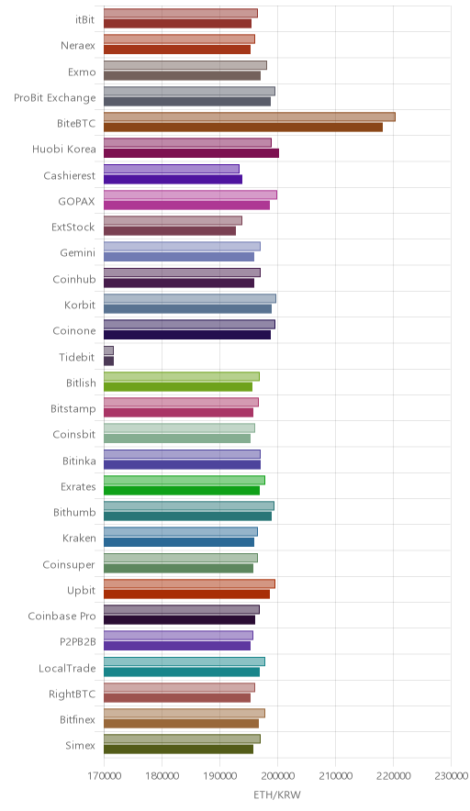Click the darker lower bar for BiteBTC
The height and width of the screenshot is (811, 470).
243,128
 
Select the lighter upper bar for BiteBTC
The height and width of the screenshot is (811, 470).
250,117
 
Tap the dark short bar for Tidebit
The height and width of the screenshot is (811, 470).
108,361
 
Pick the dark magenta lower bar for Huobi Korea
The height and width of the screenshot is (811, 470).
192,153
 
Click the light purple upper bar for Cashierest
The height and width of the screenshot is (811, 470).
172,169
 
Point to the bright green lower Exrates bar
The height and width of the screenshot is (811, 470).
182,490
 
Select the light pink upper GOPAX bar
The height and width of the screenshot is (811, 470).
191,194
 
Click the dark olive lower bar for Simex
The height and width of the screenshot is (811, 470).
179,750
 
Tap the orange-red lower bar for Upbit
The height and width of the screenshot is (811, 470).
187,594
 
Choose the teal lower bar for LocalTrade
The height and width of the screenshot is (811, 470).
182,672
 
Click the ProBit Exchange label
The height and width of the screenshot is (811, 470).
55,98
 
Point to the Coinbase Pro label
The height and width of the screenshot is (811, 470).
62,616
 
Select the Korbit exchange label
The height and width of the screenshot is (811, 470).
80,305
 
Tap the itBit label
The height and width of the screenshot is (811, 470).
84,19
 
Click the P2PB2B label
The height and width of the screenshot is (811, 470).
78,642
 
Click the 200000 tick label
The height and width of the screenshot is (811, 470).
277,776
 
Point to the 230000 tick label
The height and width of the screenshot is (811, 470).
452,776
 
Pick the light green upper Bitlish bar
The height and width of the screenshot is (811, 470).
182,376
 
